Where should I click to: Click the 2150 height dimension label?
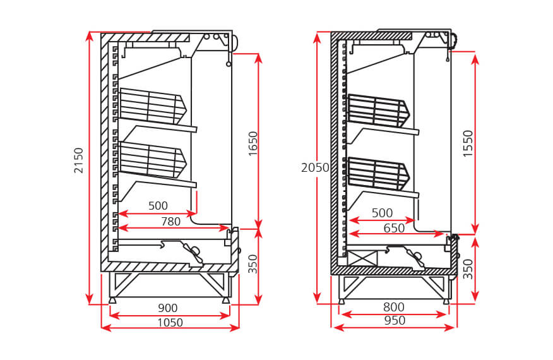[78, 160]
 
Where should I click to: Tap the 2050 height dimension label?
[315, 167]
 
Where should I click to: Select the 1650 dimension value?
[253, 145]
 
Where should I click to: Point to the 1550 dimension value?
[468, 144]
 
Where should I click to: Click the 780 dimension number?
[170, 221]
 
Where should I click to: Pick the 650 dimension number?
[394, 228]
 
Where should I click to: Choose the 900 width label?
[167, 308]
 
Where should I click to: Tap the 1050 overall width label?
[170, 323]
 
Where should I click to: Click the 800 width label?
[393, 308]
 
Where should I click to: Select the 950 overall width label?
[394, 321]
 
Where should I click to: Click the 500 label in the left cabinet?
[158, 205]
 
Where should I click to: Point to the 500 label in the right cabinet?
[381, 213]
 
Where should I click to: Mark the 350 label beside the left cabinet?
[253, 263]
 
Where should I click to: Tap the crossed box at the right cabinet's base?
[362, 258]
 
